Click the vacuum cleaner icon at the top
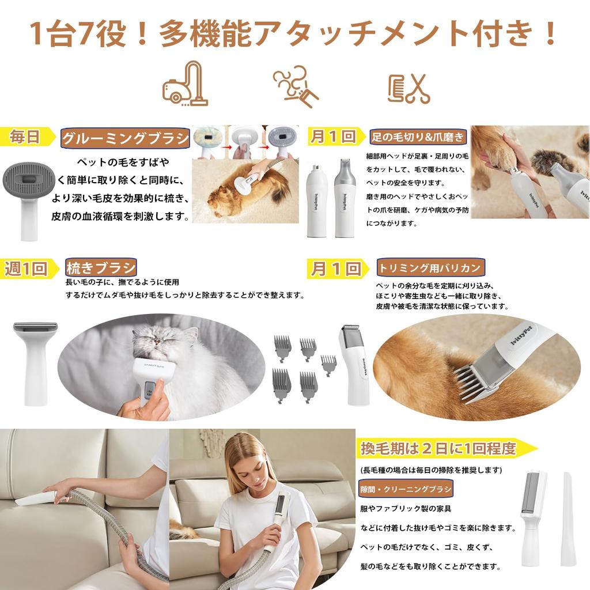pyautogui.click(x=185, y=84)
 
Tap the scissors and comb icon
pyautogui.click(x=409, y=89)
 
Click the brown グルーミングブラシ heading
pyautogui.click(x=125, y=138)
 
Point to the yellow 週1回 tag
pyautogui.click(x=28, y=268)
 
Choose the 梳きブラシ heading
pyautogui.click(x=100, y=267)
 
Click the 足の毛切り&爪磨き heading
pyautogui.click(x=418, y=137)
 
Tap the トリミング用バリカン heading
pyautogui.click(x=430, y=267)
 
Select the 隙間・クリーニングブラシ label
pyautogui.click(x=406, y=489)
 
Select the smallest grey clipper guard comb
pyautogui.click(x=328, y=365)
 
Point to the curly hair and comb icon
pyautogui.click(x=296, y=86)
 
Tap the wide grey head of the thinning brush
pyautogui.click(x=35, y=327)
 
